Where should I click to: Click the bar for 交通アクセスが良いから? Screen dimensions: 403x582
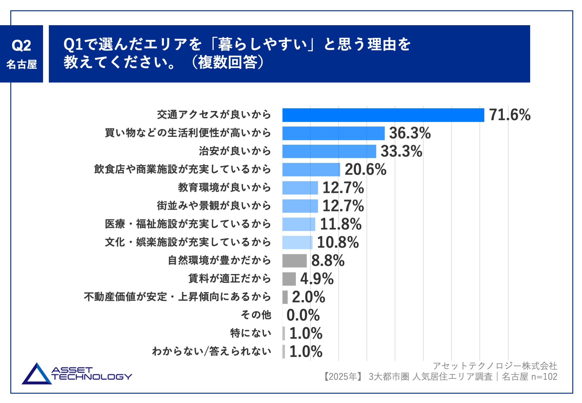click(x=383, y=115)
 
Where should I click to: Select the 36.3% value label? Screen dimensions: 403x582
click(x=410, y=133)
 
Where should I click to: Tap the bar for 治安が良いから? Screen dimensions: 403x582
click(x=329, y=151)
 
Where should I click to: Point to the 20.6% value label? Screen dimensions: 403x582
click(x=366, y=170)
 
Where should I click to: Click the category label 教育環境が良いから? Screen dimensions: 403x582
click(x=224, y=187)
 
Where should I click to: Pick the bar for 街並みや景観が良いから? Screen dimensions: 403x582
click(x=300, y=206)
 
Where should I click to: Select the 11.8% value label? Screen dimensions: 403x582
click(x=341, y=224)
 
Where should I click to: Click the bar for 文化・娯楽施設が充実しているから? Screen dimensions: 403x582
click(x=297, y=242)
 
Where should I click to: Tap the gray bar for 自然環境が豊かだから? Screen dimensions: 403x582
click(x=295, y=260)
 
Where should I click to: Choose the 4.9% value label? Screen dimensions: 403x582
click(x=317, y=279)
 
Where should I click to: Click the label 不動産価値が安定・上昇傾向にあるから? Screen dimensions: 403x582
click(x=177, y=297)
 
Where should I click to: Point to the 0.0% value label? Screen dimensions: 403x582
click(x=303, y=315)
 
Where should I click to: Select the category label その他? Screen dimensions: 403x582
click(x=256, y=315)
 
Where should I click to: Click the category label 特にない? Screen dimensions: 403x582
click(x=251, y=333)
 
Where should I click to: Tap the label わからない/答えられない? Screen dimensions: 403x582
click(x=212, y=351)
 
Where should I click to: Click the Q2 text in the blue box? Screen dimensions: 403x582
click(x=21, y=45)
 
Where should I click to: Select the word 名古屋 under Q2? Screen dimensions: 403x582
click(x=22, y=64)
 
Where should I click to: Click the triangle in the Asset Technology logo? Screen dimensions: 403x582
click(x=37, y=375)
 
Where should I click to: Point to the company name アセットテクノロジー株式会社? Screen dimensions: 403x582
click(x=495, y=366)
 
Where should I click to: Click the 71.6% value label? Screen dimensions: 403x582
click(x=510, y=115)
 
